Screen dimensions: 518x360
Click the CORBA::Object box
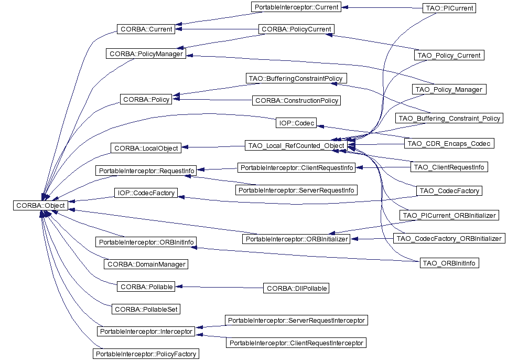[41, 205]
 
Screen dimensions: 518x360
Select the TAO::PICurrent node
[449, 8]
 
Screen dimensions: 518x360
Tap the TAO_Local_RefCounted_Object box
[296, 145]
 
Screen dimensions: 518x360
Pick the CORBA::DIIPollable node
[296, 288]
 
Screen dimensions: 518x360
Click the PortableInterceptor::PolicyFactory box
[146, 354]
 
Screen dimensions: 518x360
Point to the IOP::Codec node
[296, 123]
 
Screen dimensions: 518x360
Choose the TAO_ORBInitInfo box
[449, 263]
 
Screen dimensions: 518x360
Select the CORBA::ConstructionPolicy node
[296, 101]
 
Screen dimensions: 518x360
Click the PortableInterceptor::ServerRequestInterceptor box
[296, 320]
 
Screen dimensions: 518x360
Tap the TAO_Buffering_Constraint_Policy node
[449, 118]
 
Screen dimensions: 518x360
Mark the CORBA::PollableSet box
[146, 309]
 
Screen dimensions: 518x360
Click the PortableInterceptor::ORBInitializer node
[296, 239]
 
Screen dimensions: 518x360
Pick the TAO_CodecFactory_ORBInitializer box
[449, 238]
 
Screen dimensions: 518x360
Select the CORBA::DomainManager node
[146, 264]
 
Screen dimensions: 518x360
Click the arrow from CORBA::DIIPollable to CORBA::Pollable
[219, 287]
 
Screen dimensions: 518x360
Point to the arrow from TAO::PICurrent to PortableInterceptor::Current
[382, 7]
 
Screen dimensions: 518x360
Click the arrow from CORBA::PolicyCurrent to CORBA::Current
[217, 29]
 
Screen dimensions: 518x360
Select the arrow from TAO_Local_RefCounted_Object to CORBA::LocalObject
[213, 147]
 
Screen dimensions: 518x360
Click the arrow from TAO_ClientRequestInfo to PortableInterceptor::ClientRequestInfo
[383, 167]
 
